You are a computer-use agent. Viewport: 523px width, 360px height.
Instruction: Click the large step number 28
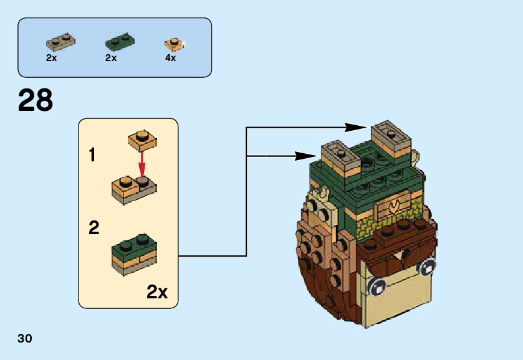(36, 100)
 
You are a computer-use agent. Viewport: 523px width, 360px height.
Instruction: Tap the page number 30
(25, 338)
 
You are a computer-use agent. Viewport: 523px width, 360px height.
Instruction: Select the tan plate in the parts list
(60, 42)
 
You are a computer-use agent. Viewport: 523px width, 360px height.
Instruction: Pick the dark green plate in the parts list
(120, 42)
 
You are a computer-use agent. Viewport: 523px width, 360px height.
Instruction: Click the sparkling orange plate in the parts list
(173, 44)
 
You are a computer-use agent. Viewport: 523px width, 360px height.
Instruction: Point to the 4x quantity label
(170, 58)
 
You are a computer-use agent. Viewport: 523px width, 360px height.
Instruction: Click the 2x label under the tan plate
(51, 58)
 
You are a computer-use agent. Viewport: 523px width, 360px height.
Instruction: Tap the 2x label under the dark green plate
(111, 58)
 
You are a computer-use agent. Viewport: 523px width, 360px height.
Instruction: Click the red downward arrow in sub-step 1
(143, 164)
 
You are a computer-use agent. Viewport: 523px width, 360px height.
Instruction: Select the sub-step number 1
(93, 155)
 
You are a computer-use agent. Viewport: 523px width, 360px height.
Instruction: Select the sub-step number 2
(94, 227)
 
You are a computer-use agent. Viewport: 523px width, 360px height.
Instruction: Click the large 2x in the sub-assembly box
(157, 291)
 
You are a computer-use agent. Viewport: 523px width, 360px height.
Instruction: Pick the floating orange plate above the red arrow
(142, 140)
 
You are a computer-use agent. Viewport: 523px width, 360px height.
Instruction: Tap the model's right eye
(427, 267)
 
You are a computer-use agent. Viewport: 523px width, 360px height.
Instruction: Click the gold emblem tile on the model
(393, 206)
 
